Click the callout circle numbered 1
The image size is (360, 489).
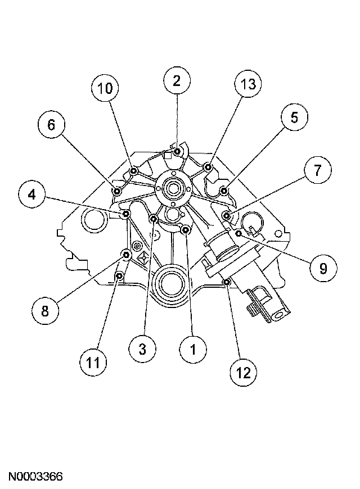point(192,350)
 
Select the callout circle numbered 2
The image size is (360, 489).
point(177,81)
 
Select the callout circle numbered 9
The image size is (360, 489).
point(322,268)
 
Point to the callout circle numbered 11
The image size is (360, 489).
point(93,363)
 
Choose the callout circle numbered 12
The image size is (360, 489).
point(242,371)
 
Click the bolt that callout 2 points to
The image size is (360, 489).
point(177,151)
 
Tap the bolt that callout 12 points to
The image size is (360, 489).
point(226,282)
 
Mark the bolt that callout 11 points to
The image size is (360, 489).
point(119,276)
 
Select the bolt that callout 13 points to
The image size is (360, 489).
point(208,167)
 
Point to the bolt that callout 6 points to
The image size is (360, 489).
point(117,192)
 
